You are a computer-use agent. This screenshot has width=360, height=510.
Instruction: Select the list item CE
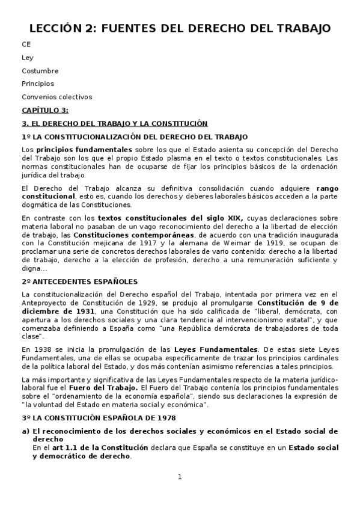click(26, 45)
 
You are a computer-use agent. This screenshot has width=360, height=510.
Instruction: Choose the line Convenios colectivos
click(57, 96)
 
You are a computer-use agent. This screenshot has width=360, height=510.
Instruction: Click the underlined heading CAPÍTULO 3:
click(45, 109)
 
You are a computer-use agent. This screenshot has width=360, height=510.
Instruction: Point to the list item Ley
click(28, 58)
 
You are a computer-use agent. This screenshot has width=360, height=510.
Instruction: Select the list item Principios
click(37, 84)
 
